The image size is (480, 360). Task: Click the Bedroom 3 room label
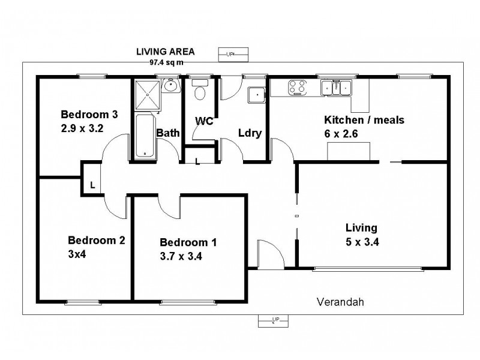pyautogui.click(x=89, y=114)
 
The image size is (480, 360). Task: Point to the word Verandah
pyautogui.click(x=340, y=302)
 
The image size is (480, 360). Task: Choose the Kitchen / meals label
pyautogui.click(x=364, y=120)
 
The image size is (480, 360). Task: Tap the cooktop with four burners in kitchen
pyautogui.click(x=296, y=88)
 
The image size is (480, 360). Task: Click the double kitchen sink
pyautogui.click(x=336, y=88)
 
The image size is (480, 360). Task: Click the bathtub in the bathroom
pyautogui.click(x=144, y=136)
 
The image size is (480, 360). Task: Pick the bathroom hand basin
pyautogui.click(x=172, y=88)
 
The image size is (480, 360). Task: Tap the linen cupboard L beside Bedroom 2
pyautogui.click(x=92, y=185)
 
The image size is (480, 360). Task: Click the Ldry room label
pyautogui.click(x=250, y=133)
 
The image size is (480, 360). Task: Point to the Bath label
pyautogui.click(x=168, y=133)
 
